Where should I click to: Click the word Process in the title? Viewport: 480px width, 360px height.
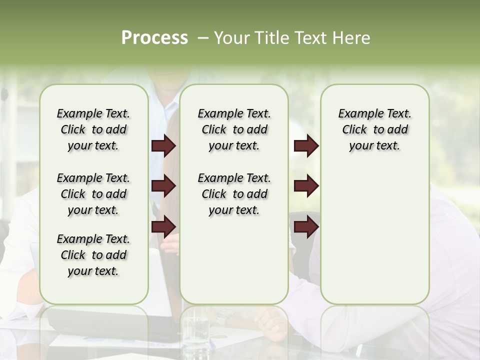click(154, 38)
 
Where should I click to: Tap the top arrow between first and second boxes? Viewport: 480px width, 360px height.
click(163, 146)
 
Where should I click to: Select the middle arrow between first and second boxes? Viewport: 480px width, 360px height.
click(163, 186)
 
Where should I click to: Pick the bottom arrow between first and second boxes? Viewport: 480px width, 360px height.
click(163, 226)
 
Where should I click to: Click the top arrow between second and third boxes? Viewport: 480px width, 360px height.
click(306, 146)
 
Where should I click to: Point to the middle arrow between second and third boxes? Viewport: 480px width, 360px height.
click(306, 186)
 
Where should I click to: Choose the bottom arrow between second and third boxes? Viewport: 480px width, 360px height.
click(306, 226)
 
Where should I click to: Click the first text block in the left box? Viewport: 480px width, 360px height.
click(93, 129)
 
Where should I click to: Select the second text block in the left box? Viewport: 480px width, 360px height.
click(93, 194)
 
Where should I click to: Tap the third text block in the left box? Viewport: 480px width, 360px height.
click(93, 255)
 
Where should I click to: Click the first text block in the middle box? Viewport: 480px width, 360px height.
click(234, 129)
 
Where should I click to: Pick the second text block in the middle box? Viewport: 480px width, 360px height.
click(234, 194)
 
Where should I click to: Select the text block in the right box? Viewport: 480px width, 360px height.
click(374, 129)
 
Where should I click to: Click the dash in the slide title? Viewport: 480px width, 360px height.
click(203, 38)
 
